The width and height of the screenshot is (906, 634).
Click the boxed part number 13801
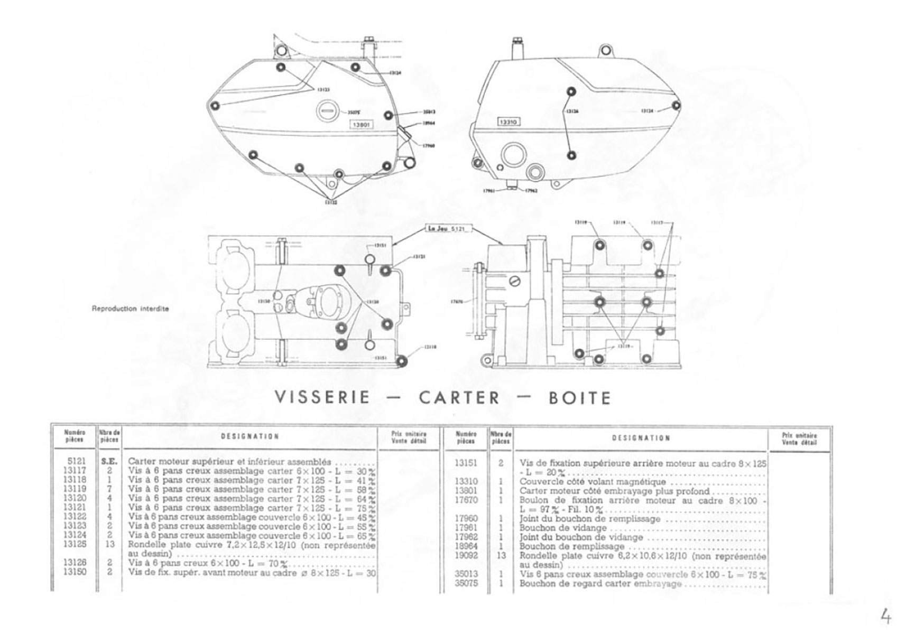361,125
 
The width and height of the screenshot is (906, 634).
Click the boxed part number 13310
509,122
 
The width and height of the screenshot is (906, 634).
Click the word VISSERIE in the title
322,397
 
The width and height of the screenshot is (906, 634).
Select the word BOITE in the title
580,397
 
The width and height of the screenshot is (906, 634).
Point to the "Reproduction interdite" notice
130,309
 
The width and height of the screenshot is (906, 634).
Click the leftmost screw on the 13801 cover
215,106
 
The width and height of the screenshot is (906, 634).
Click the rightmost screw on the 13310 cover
676,106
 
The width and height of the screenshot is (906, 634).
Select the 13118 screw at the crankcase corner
403,361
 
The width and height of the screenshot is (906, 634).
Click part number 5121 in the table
77,461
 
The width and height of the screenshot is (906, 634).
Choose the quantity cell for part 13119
109,489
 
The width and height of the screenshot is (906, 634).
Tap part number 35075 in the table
466,584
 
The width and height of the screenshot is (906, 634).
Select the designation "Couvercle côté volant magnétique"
592,482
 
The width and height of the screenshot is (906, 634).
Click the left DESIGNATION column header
249,436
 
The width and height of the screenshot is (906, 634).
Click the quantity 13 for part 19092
501,556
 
